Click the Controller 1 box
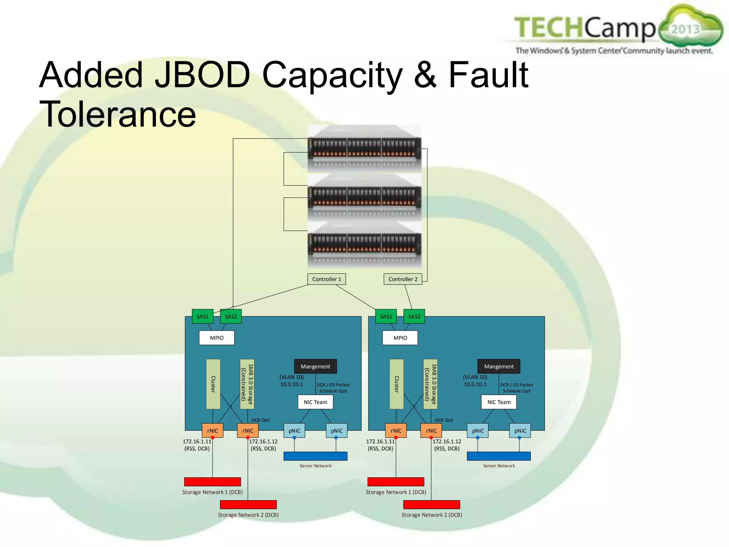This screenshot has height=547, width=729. (x=326, y=279)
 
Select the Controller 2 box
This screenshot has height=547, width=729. (x=403, y=279)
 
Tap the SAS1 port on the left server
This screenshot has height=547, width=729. (x=203, y=316)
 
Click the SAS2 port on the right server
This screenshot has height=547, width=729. (x=414, y=316)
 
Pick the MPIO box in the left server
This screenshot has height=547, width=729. (x=216, y=338)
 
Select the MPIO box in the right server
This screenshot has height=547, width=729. (x=400, y=338)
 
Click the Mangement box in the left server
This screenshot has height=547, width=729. (x=315, y=366)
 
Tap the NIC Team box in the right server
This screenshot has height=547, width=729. (x=499, y=402)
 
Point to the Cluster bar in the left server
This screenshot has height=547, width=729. (x=213, y=384)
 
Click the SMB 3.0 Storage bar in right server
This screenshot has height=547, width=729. (x=430, y=384)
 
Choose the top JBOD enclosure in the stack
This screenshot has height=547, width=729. (x=364, y=149)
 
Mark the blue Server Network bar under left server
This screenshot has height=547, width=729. (x=315, y=456)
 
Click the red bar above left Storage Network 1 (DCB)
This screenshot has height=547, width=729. (x=213, y=481)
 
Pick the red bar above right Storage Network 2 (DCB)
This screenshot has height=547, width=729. (x=431, y=504)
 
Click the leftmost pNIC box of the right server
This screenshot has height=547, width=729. (x=478, y=431)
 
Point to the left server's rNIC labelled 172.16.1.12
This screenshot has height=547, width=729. (x=248, y=431)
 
